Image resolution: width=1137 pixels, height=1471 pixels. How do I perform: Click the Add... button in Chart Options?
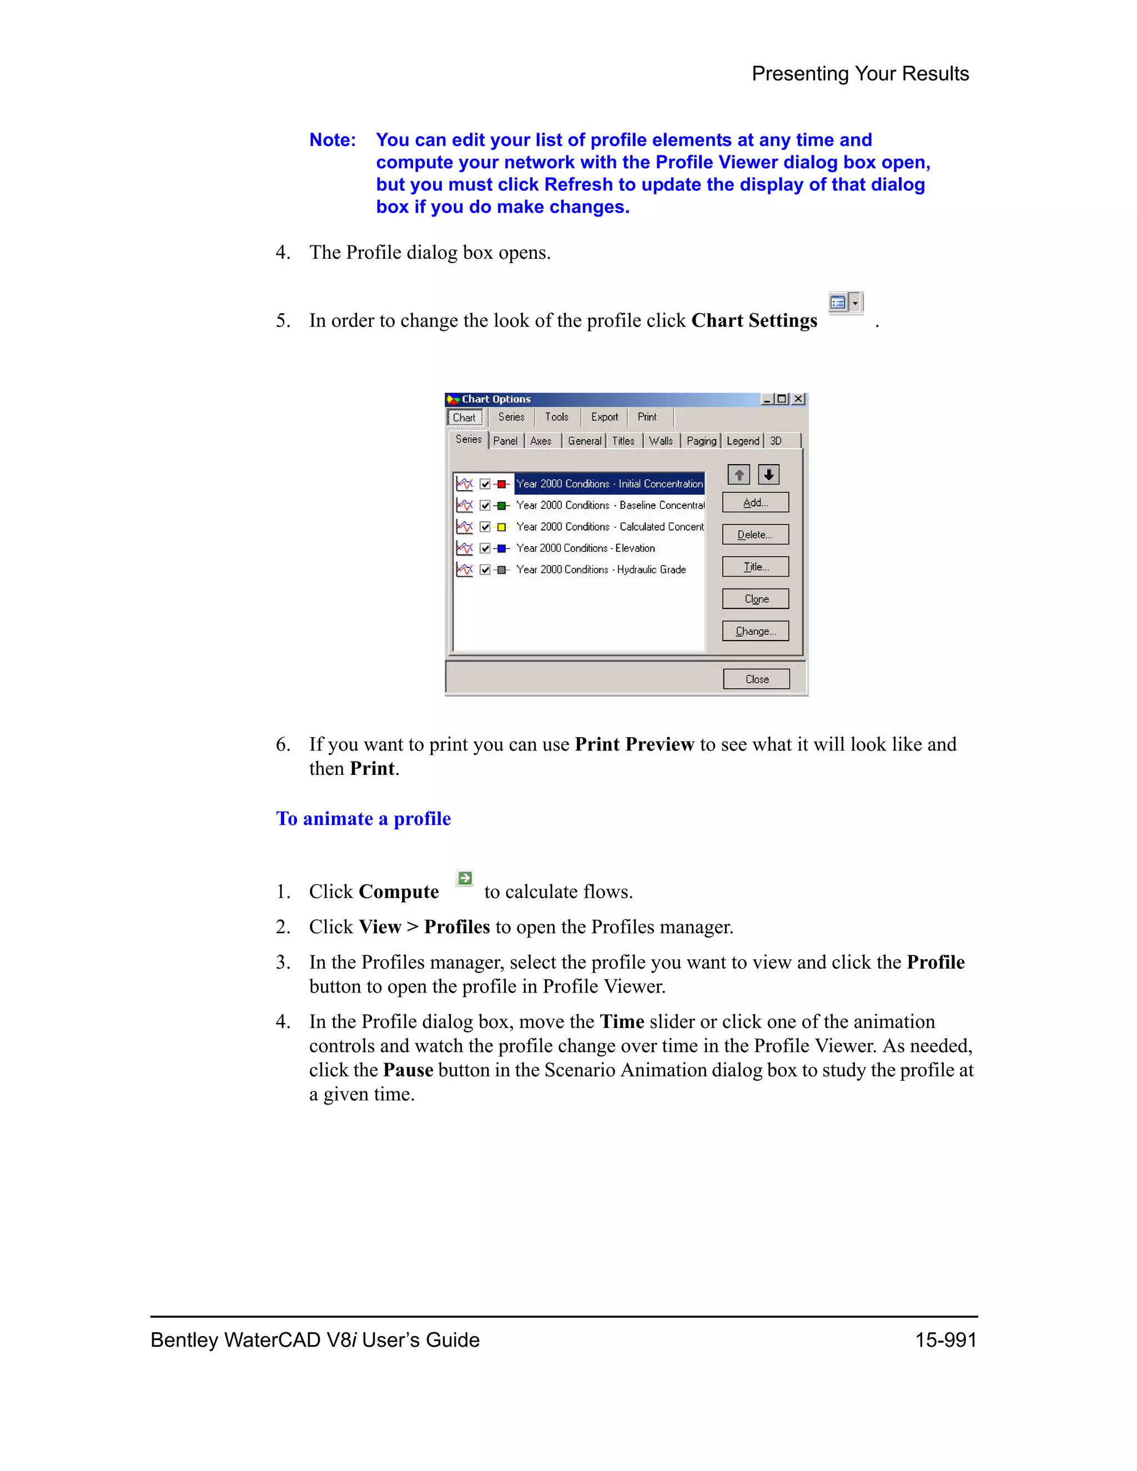[755, 502]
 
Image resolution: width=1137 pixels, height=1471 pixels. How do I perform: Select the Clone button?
[755, 599]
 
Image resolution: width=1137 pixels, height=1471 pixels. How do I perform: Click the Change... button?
[755, 631]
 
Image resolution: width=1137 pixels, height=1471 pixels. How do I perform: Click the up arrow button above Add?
[739, 475]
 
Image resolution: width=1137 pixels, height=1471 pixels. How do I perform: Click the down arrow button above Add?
[768, 475]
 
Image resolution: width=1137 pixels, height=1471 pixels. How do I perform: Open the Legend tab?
[742, 441]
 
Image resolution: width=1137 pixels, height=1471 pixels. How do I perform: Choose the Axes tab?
[540, 441]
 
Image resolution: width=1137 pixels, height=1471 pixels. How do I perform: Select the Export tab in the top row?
[603, 417]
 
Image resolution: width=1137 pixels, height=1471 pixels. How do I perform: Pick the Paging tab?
[701, 441]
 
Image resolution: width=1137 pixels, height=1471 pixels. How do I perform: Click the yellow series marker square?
[501, 527]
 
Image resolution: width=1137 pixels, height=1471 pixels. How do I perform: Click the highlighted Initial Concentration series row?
[609, 483]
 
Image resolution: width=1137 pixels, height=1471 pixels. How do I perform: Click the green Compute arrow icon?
[464, 878]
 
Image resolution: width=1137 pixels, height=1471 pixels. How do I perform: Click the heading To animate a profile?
[363, 818]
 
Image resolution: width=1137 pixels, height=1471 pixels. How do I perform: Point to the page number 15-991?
[945, 1339]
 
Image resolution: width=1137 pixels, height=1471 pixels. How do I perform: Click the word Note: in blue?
[332, 140]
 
